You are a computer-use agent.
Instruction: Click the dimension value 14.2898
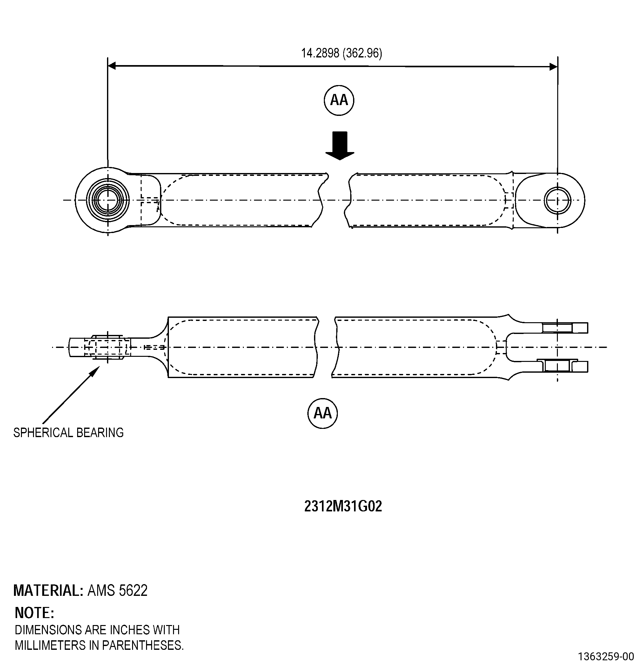(x=320, y=53)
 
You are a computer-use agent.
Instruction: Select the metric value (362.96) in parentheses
(x=362, y=53)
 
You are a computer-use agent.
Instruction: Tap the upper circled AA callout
(x=339, y=100)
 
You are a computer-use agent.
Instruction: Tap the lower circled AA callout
(x=323, y=413)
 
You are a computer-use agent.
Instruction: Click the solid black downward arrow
(x=340, y=145)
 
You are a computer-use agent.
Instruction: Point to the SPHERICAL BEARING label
(x=68, y=433)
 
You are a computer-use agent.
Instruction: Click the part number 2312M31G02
(x=343, y=506)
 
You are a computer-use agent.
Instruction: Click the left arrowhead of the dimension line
(x=112, y=66)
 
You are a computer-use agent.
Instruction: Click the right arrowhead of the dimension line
(x=553, y=67)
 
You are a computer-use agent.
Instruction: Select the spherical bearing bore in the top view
(x=108, y=200)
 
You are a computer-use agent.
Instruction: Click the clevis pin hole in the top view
(x=557, y=201)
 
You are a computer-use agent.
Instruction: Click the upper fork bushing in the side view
(x=557, y=328)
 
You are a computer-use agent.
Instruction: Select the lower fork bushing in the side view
(x=557, y=366)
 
